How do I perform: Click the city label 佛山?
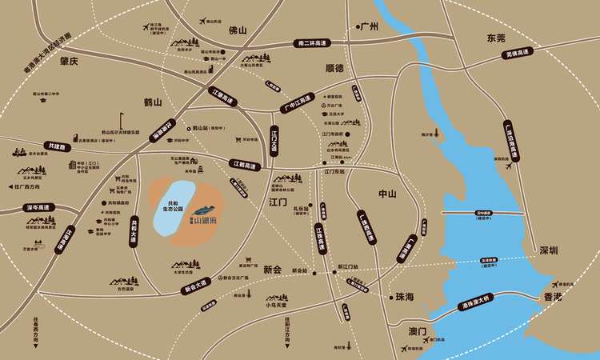coord(238,30)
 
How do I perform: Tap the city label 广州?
coord(368,26)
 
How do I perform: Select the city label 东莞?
coord(497,38)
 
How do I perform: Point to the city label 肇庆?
coord(70,61)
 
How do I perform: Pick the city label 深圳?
coord(548,250)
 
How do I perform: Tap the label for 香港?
coord(553,296)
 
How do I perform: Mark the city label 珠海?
coord(405,296)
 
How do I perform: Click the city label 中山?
coord(387,194)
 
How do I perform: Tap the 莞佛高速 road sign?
coord(518,54)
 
